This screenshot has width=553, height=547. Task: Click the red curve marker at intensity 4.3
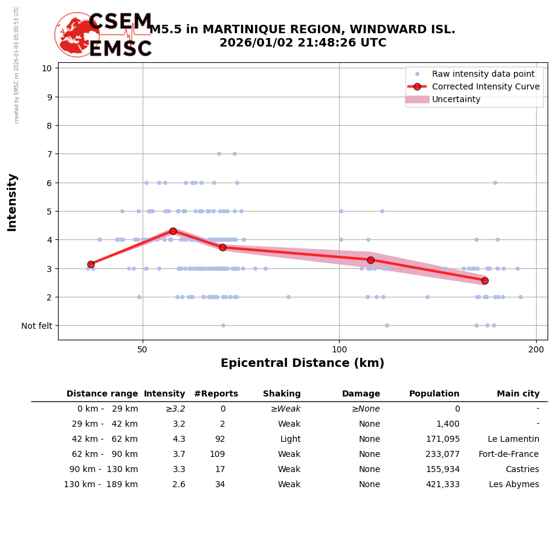click(173, 231)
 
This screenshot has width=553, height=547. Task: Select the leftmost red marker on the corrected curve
click(91, 264)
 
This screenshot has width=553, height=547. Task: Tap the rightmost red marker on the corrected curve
click(485, 280)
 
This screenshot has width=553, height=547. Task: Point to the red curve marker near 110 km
click(370, 260)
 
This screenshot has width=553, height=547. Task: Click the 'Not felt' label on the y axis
click(37, 326)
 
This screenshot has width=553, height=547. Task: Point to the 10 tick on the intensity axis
click(47, 68)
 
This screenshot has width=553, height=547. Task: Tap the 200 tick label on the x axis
click(536, 349)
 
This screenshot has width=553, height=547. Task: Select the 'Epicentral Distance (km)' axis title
click(302, 363)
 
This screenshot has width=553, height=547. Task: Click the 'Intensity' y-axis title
click(12, 202)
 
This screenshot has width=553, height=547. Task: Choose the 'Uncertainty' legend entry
click(456, 99)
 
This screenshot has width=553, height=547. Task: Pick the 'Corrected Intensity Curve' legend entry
click(485, 86)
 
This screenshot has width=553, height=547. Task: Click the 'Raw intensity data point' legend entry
click(483, 74)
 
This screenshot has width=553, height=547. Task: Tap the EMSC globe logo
click(77, 34)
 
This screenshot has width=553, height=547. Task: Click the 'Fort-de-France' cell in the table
click(509, 455)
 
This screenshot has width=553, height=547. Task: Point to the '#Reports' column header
click(216, 394)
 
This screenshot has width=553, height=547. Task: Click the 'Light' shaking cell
click(290, 439)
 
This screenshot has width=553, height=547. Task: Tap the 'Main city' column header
click(518, 394)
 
